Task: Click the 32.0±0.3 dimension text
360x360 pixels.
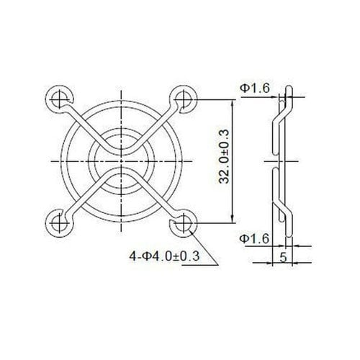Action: (224, 157)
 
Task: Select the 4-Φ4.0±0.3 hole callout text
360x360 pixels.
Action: (164, 256)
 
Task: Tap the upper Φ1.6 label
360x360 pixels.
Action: (255, 89)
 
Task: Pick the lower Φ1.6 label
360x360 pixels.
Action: (254, 239)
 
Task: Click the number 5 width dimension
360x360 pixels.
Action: (283, 257)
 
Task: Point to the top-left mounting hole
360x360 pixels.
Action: (59, 99)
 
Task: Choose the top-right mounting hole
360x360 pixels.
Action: (184, 99)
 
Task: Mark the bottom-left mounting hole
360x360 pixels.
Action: (59, 223)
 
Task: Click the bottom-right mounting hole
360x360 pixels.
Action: (184, 223)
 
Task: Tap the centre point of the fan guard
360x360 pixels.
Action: (121, 161)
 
